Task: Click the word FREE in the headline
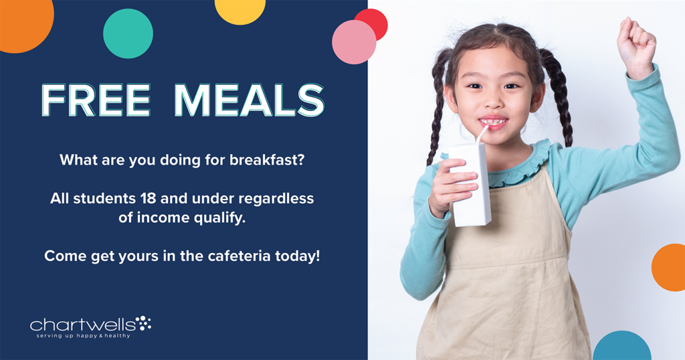click(96, 100)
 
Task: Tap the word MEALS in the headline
click(250, 100)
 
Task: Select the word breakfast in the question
click(266, 160)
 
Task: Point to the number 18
click(148, 198)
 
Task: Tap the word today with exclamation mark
click(298, 256)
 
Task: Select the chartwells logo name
click(82, 325)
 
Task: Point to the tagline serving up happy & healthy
click(83, 336)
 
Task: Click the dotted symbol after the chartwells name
click(143, 323)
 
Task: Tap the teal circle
click(128, 33)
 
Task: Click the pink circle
click(354, 42)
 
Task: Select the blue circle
click(622, 346)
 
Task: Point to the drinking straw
click(482, 134)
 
